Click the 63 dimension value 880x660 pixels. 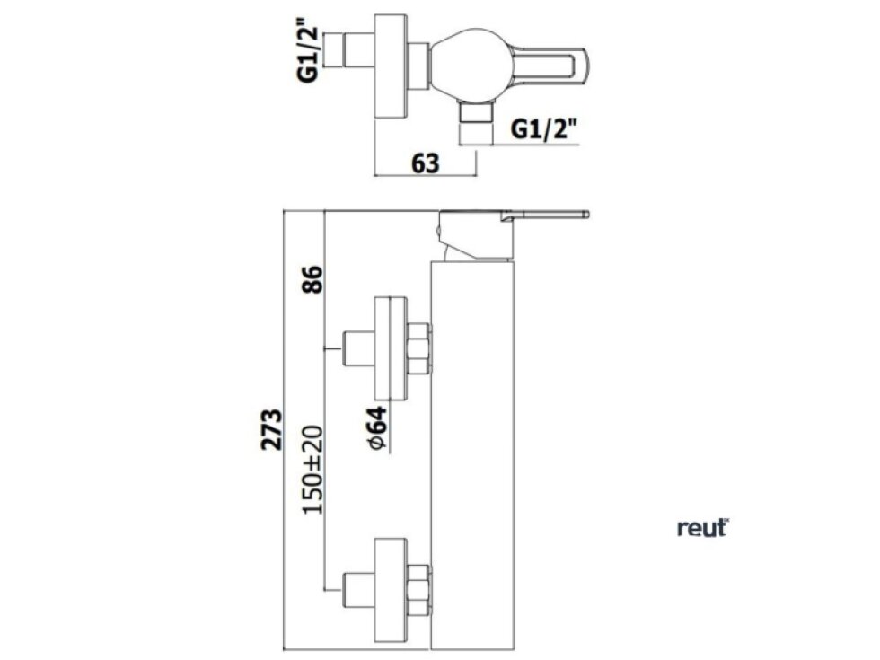point(425,163)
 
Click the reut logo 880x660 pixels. point(702,528)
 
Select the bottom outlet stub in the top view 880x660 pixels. point(475,121)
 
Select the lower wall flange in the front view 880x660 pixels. point(389,587)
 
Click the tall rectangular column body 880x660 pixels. point(472,449)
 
